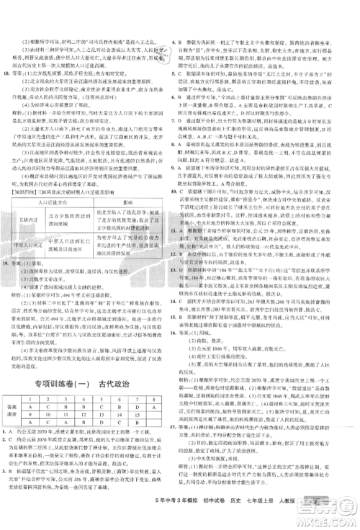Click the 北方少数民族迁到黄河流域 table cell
pos(73,215)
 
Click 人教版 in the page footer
pos(309,521)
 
